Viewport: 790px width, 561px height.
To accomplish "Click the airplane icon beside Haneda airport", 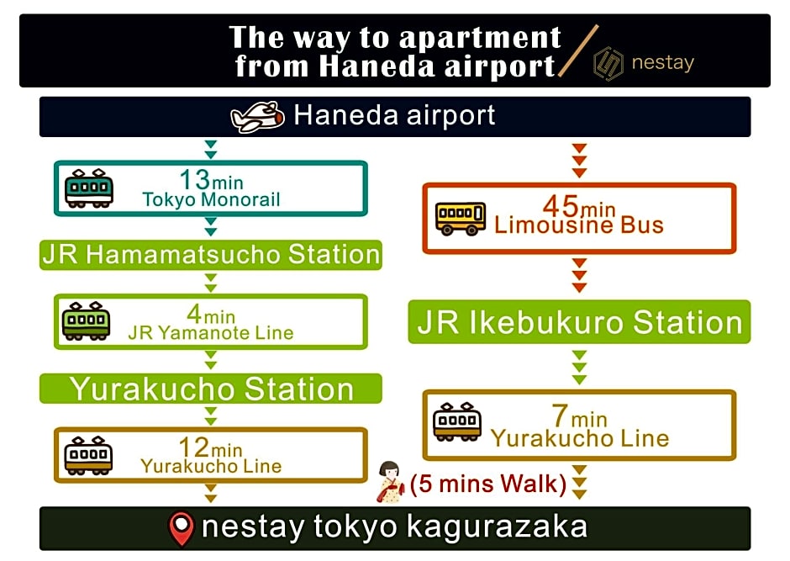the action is coord(257,117).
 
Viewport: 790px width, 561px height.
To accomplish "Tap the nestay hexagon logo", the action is coord(608,64).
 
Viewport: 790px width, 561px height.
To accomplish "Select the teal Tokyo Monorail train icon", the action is coord(89,188).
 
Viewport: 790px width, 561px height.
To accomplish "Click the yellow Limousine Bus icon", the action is coord(461,218).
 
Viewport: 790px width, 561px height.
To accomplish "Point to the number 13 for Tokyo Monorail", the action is coord(194,179).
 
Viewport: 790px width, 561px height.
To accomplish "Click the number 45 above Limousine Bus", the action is coord(561,205).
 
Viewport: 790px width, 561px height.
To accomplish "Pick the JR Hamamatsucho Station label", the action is coord(211,254).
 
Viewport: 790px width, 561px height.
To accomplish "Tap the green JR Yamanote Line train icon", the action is coord(87,321).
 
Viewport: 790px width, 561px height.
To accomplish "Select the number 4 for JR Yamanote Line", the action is coord(194,314).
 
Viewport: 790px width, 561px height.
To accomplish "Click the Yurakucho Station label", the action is coord(212,389).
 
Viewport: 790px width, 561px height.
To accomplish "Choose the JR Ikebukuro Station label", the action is coord(580,322).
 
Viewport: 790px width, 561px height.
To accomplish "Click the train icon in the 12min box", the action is coord(88,456).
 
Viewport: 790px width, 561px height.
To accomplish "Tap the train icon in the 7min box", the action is coord(457,422).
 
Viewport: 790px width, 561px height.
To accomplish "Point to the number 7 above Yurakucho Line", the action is coord(560,415).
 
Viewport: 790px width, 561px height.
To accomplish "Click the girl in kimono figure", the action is coord(390,482).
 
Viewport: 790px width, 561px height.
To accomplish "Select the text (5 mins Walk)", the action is coord(488,484).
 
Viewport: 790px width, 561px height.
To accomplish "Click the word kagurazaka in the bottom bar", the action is coord(497,527).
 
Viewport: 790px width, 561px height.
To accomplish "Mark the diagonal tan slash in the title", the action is coord(578,50).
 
